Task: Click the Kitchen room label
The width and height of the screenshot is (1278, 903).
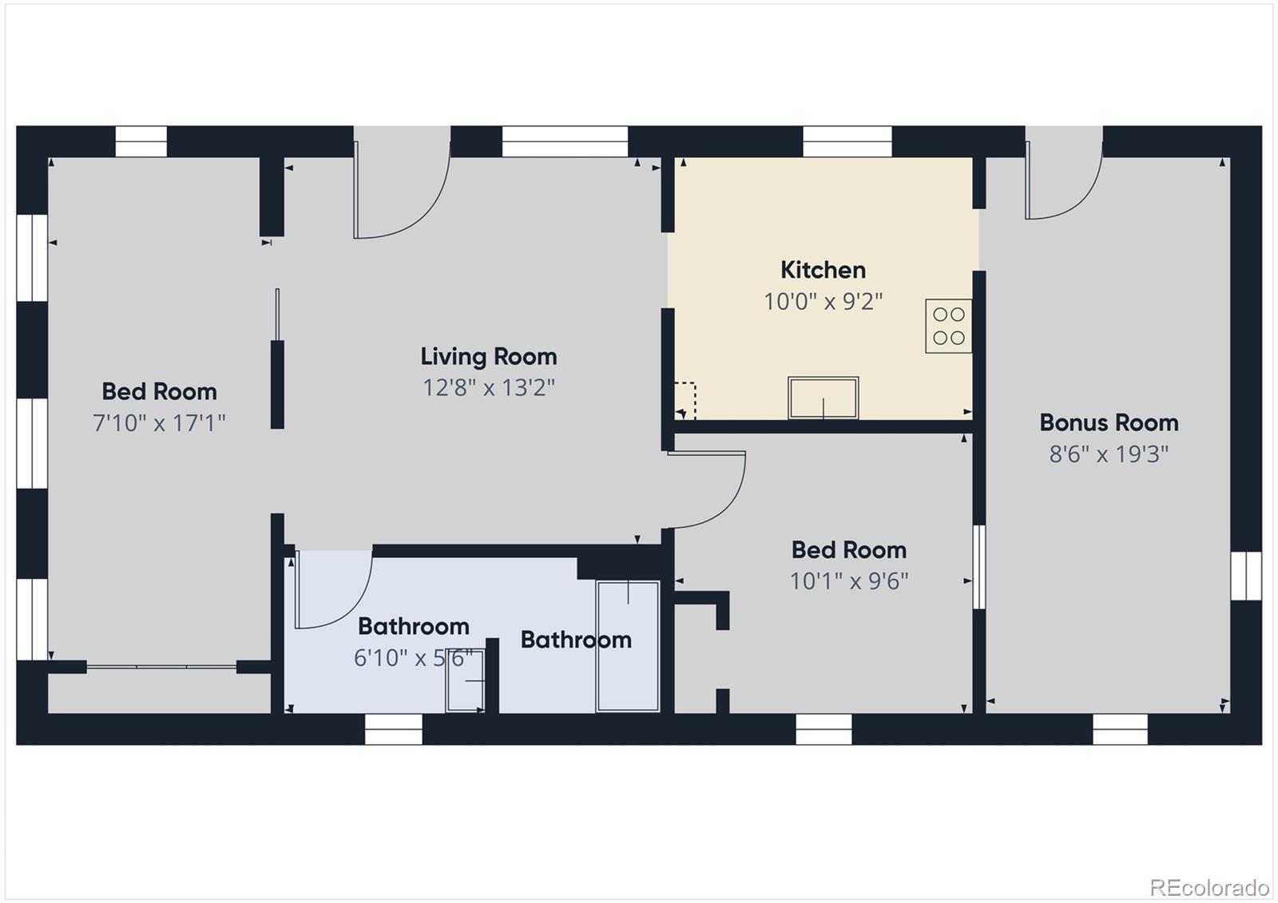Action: click(823, 270)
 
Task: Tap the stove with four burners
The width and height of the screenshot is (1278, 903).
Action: click(948, 326)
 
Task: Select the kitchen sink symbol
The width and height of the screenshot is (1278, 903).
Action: click(823, 398)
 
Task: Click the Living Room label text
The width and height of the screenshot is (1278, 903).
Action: click(489, 356)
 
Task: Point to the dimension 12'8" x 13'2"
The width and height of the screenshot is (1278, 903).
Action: click(489, 388)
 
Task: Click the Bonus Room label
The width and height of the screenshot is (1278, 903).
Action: click(1109, 422)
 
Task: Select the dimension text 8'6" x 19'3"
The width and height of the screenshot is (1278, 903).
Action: click(1109, 454)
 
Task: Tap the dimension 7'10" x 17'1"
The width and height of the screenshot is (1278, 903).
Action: click(160, 422)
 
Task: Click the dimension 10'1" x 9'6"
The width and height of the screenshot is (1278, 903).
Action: click(849, 581)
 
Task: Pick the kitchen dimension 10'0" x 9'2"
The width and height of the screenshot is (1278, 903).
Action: click(823, 302)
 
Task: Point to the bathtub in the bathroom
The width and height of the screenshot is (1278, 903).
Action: click(628, 647)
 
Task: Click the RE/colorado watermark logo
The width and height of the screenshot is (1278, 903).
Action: click(1209, 887)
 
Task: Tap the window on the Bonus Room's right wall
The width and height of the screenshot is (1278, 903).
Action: click(1245, 576)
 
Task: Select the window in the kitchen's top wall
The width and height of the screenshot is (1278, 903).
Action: click(847, 141)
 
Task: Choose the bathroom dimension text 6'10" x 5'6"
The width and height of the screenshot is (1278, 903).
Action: click(413, 658)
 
